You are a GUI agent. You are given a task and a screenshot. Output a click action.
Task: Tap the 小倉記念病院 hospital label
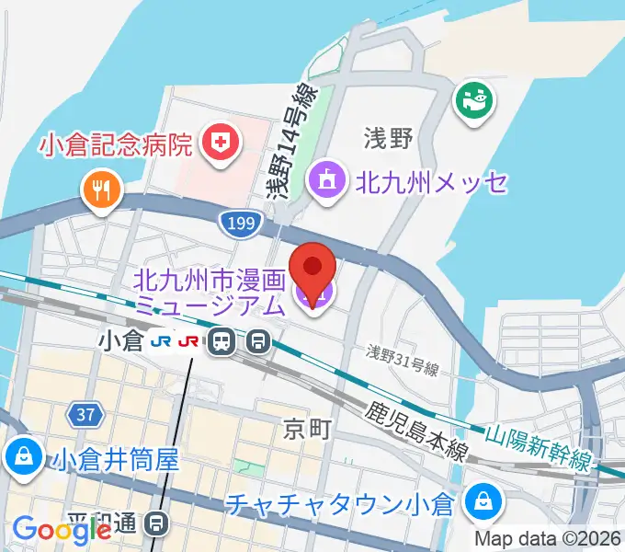116,144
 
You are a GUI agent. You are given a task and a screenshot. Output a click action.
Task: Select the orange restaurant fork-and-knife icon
101,190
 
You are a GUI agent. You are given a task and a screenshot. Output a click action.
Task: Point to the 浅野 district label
388,140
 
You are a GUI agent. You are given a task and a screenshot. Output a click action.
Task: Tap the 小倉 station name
120,342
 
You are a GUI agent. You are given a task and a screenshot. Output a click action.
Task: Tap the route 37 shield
85,416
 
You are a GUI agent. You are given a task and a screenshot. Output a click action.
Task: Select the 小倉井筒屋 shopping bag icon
19,456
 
